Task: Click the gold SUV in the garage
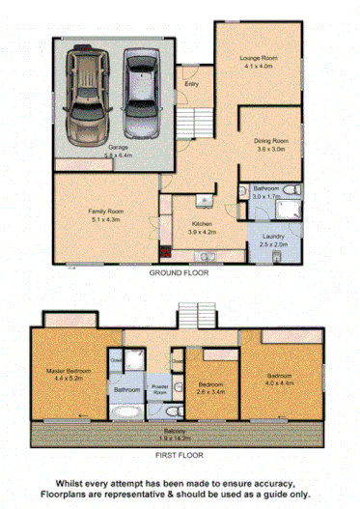(88, 95)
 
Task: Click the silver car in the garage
(140, 92)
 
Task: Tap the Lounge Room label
(258, 59)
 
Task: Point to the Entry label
(192, 83)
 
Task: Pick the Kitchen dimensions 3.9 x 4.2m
(200, 233)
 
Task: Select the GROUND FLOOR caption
(179, 273)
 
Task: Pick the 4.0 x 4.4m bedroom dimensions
(282, 382)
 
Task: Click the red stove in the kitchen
(165, 252)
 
